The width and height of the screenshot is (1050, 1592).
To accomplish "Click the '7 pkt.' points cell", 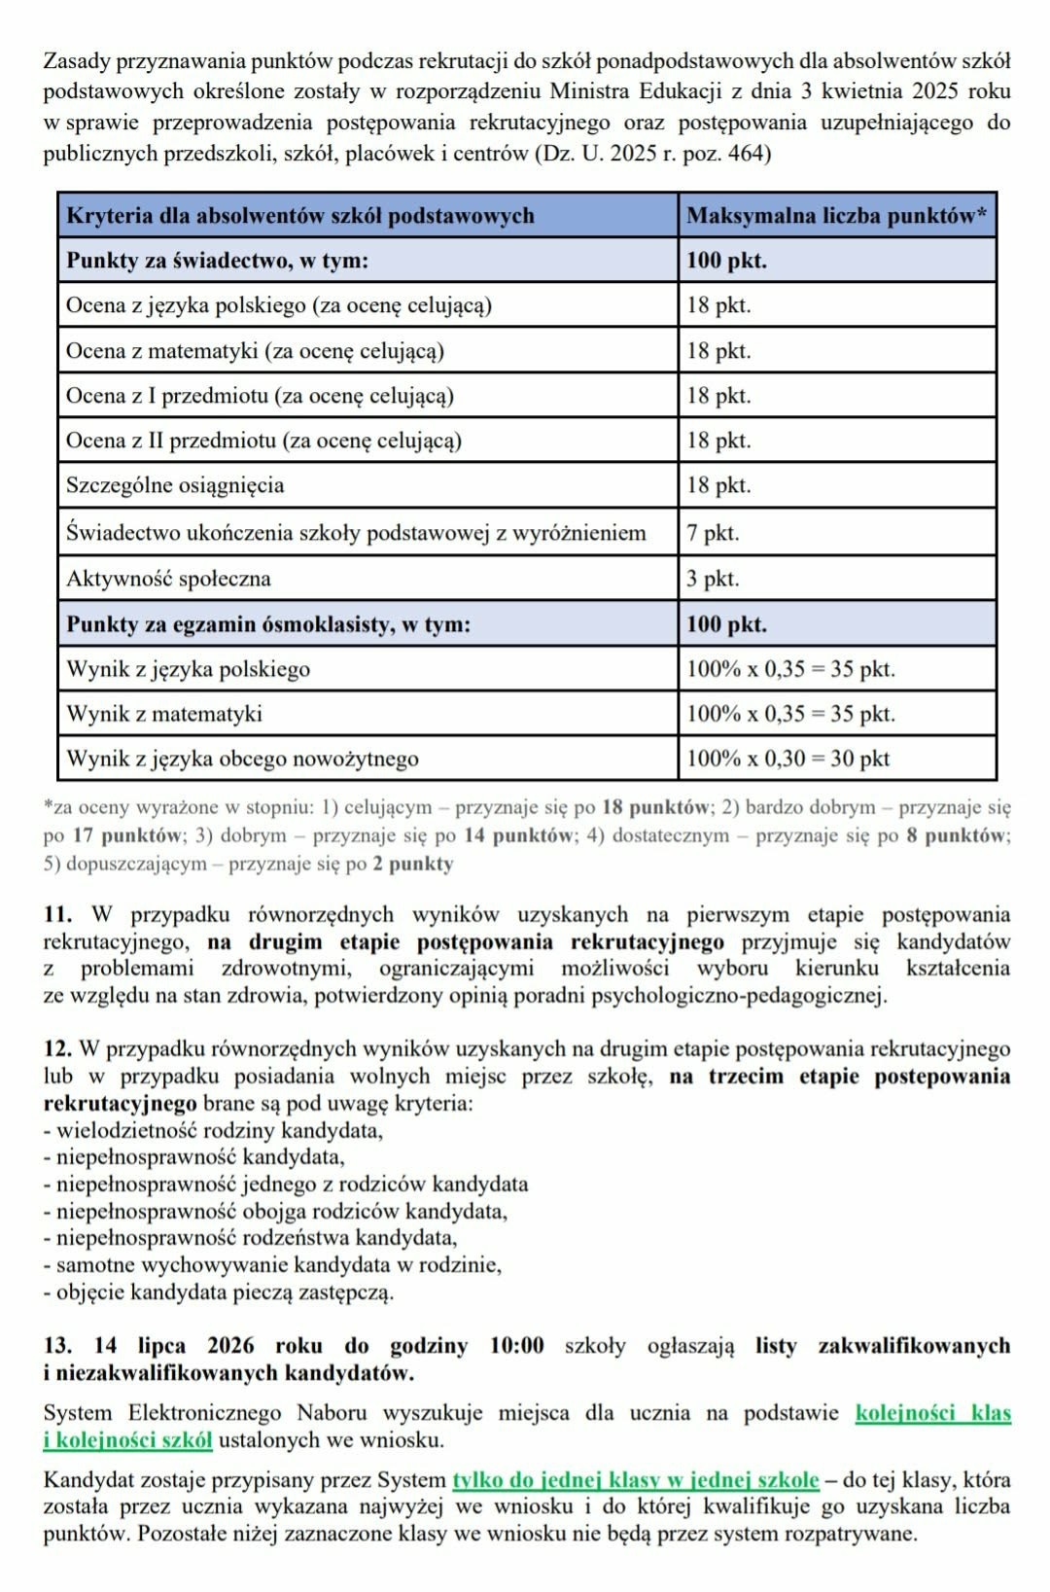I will coord(713,533).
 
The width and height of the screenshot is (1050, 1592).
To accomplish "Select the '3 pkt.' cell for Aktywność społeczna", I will coord(713,579).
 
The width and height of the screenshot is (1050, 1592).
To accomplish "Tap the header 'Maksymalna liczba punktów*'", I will coord(836,216).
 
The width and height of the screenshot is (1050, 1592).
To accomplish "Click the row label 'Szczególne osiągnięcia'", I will coord(175,485).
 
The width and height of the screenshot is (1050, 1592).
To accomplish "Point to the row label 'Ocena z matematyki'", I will coord(255,351).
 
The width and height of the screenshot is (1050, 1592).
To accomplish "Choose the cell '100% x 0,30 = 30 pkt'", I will coord(787,759).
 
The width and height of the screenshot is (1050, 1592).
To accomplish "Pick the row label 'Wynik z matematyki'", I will coord(164,714).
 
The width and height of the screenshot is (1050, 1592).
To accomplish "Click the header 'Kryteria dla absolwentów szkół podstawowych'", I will coord(300,216).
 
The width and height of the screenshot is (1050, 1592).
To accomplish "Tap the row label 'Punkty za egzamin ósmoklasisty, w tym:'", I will coord(268,624).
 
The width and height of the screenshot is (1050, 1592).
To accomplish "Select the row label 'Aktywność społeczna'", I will coord(168,579).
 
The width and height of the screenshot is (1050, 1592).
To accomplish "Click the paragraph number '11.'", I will coord(57,915).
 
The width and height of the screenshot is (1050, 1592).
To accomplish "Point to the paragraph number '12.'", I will coord(57,1049).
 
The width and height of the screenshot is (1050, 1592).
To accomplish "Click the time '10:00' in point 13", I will coord(516,1346).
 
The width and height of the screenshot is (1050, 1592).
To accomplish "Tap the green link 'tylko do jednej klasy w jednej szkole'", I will coord(636,1480).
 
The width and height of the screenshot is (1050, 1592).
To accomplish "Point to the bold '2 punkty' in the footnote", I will coord(413,864).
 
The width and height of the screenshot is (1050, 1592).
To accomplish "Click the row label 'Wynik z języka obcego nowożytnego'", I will coord(242,759).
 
